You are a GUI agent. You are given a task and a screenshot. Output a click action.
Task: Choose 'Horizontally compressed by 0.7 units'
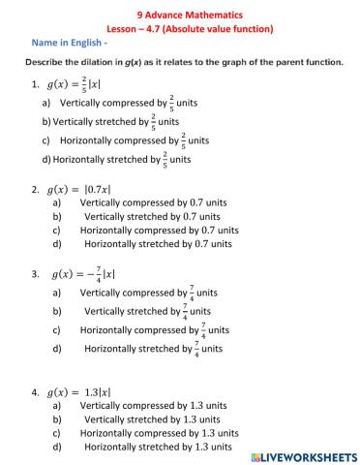tap(160, 232)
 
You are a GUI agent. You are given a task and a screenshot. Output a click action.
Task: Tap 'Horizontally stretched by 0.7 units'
tap(159, 245)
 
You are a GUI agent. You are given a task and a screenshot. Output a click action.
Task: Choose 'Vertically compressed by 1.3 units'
tap(157, 407)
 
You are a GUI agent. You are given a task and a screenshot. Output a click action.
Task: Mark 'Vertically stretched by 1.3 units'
tap(157, 420)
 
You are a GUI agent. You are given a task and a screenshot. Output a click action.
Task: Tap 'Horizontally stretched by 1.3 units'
tap(159, 448)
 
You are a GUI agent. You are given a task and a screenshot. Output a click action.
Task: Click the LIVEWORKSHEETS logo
tap(302, 454)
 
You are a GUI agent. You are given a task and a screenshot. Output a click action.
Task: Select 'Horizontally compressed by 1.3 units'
tap(160, 434)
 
